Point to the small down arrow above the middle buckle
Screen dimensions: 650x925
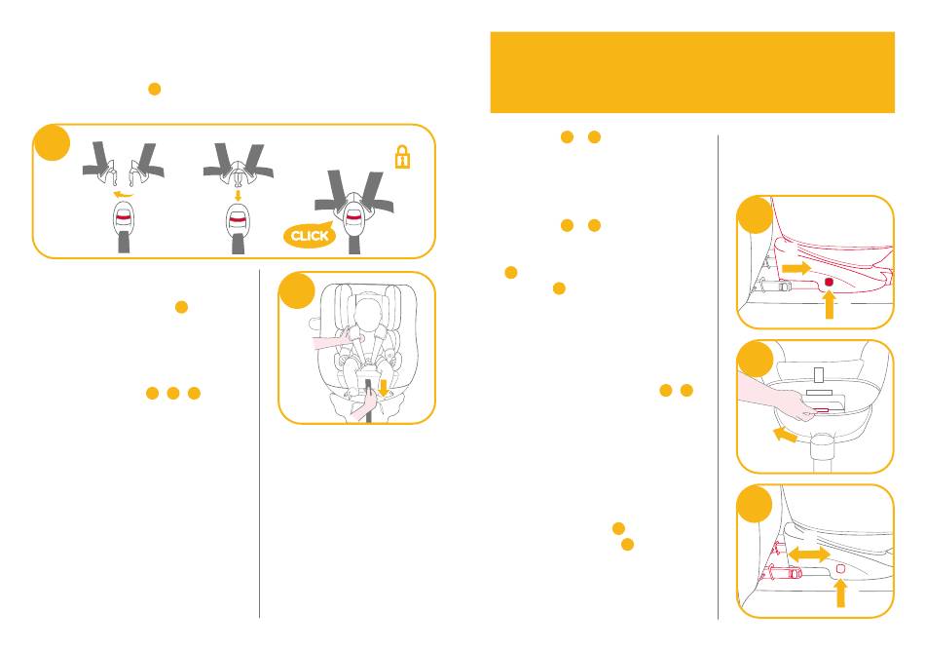(x=238, y=194)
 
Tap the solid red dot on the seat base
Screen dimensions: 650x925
(x=828, y=282)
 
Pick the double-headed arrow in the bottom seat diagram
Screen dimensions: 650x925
(x=808, y=554)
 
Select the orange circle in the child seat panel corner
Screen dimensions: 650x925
(x=295, y=290)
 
